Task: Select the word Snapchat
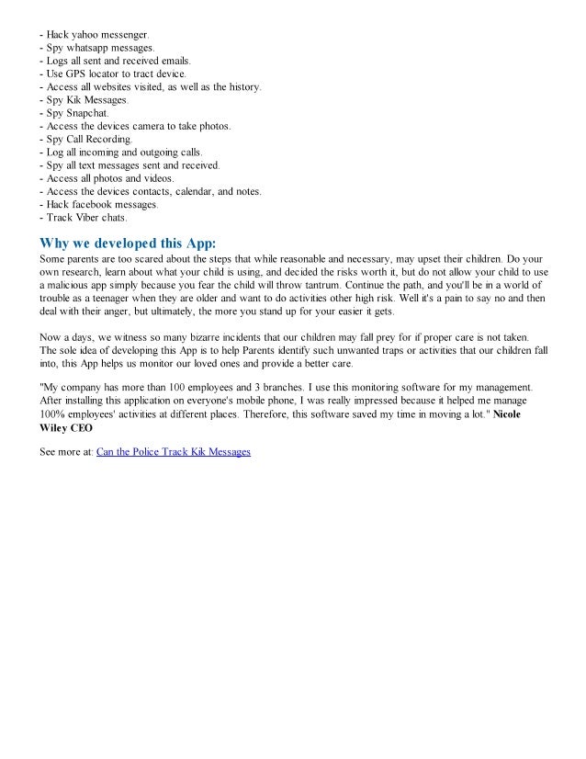pyautogui.click(x=85, y=112)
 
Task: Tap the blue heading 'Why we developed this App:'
pyautogui.click(x=127, y=243)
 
